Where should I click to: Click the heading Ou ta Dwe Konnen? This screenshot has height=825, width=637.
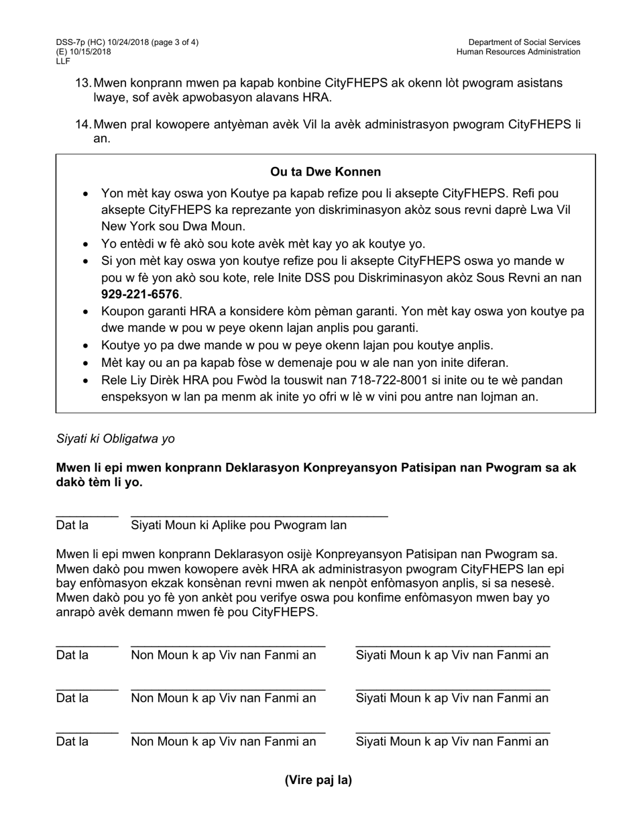[x=325, y=172]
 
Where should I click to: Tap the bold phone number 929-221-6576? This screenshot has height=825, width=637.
[x=139, y=294]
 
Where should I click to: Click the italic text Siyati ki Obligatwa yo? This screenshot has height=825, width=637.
[x=115, y=439]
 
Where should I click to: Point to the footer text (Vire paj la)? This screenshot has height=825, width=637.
[x=318, y=780]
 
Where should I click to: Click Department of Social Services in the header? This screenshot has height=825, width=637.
[x=524, y=42]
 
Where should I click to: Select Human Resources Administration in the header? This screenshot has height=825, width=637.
[x=518, y=52]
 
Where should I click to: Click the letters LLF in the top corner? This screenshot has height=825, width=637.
[x=63, y=61]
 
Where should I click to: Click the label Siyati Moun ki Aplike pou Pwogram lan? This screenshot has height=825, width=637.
[x=239, y=525]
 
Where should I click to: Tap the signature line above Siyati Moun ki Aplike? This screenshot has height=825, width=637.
[x=259, y=516]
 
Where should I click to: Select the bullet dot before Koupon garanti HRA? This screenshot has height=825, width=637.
[x=85, y=312]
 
